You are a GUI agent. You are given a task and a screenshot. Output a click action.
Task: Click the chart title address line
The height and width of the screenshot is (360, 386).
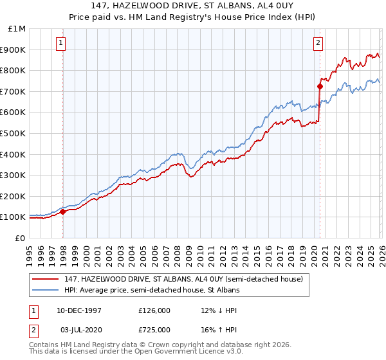pos(192,5)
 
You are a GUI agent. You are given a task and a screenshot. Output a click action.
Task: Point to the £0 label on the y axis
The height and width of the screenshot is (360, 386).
pos(21,238)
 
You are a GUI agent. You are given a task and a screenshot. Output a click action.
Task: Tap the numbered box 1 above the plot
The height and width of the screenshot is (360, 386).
pos(60,43)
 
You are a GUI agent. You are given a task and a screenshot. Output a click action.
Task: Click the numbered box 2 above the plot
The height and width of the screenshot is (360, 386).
pos(318,43)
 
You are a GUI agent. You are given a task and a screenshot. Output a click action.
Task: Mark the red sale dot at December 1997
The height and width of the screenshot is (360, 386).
pos(62,212)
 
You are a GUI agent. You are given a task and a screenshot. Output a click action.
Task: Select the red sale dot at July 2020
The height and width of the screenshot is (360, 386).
pos(320,85)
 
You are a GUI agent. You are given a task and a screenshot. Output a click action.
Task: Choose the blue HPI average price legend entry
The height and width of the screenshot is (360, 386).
pos(151,290)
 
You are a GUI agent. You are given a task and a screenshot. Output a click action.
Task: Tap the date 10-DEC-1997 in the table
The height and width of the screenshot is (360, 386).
pos(78,310)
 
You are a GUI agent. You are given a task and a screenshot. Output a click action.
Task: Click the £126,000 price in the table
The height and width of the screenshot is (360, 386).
pos(154,310)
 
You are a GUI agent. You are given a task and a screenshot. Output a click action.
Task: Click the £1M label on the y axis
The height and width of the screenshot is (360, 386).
pos(18,29)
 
